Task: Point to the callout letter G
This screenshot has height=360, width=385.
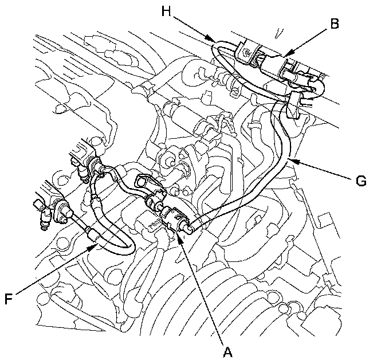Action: [360, 181]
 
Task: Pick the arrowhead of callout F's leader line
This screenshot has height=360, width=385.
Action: [97, 243]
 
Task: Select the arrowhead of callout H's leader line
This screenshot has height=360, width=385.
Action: [216, 41]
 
